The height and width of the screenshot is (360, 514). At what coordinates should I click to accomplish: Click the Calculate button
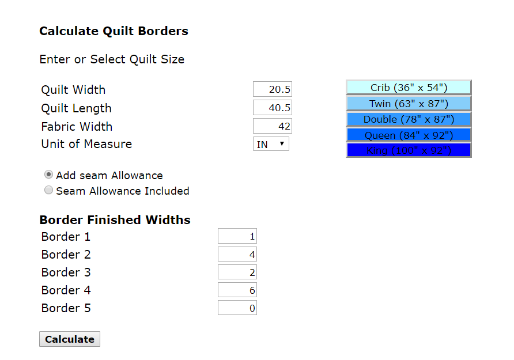[69, 339]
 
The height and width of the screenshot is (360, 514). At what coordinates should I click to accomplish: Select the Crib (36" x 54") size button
[409, 88]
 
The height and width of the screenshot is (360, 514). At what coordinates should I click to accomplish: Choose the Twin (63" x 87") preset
[409, 104]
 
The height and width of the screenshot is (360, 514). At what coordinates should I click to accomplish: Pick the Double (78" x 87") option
[409, 119]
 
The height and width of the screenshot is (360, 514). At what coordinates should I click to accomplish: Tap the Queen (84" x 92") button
[409, 135]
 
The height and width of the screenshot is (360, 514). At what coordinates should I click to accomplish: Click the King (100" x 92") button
[409, 150]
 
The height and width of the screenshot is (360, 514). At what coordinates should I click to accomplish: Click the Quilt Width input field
[273, 89]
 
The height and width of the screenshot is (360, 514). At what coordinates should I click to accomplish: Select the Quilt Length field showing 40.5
[273, 108]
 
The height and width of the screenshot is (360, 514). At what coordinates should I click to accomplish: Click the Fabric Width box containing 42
[273, 126]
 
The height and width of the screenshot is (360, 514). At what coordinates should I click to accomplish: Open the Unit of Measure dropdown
[271, 144]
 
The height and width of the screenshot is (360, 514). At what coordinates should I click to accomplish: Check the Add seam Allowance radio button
[49, 175]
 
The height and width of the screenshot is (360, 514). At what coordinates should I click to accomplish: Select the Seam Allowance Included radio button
[49, 190]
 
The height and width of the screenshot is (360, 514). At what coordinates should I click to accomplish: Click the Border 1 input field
[237, 236]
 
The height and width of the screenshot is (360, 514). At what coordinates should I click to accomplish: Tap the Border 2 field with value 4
[237, 254]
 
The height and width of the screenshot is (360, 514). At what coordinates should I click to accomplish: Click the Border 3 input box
[237, 272]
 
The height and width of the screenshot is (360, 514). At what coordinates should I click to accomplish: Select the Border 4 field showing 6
[237, 290]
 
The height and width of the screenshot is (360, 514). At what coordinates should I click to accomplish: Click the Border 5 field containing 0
[237, 308]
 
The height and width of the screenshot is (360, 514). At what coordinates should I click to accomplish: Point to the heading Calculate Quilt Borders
[114, 31]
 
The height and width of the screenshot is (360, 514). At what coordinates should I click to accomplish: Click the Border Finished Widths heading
[115, 219]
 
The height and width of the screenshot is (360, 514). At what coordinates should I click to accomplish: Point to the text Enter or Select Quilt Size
[112, 59]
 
